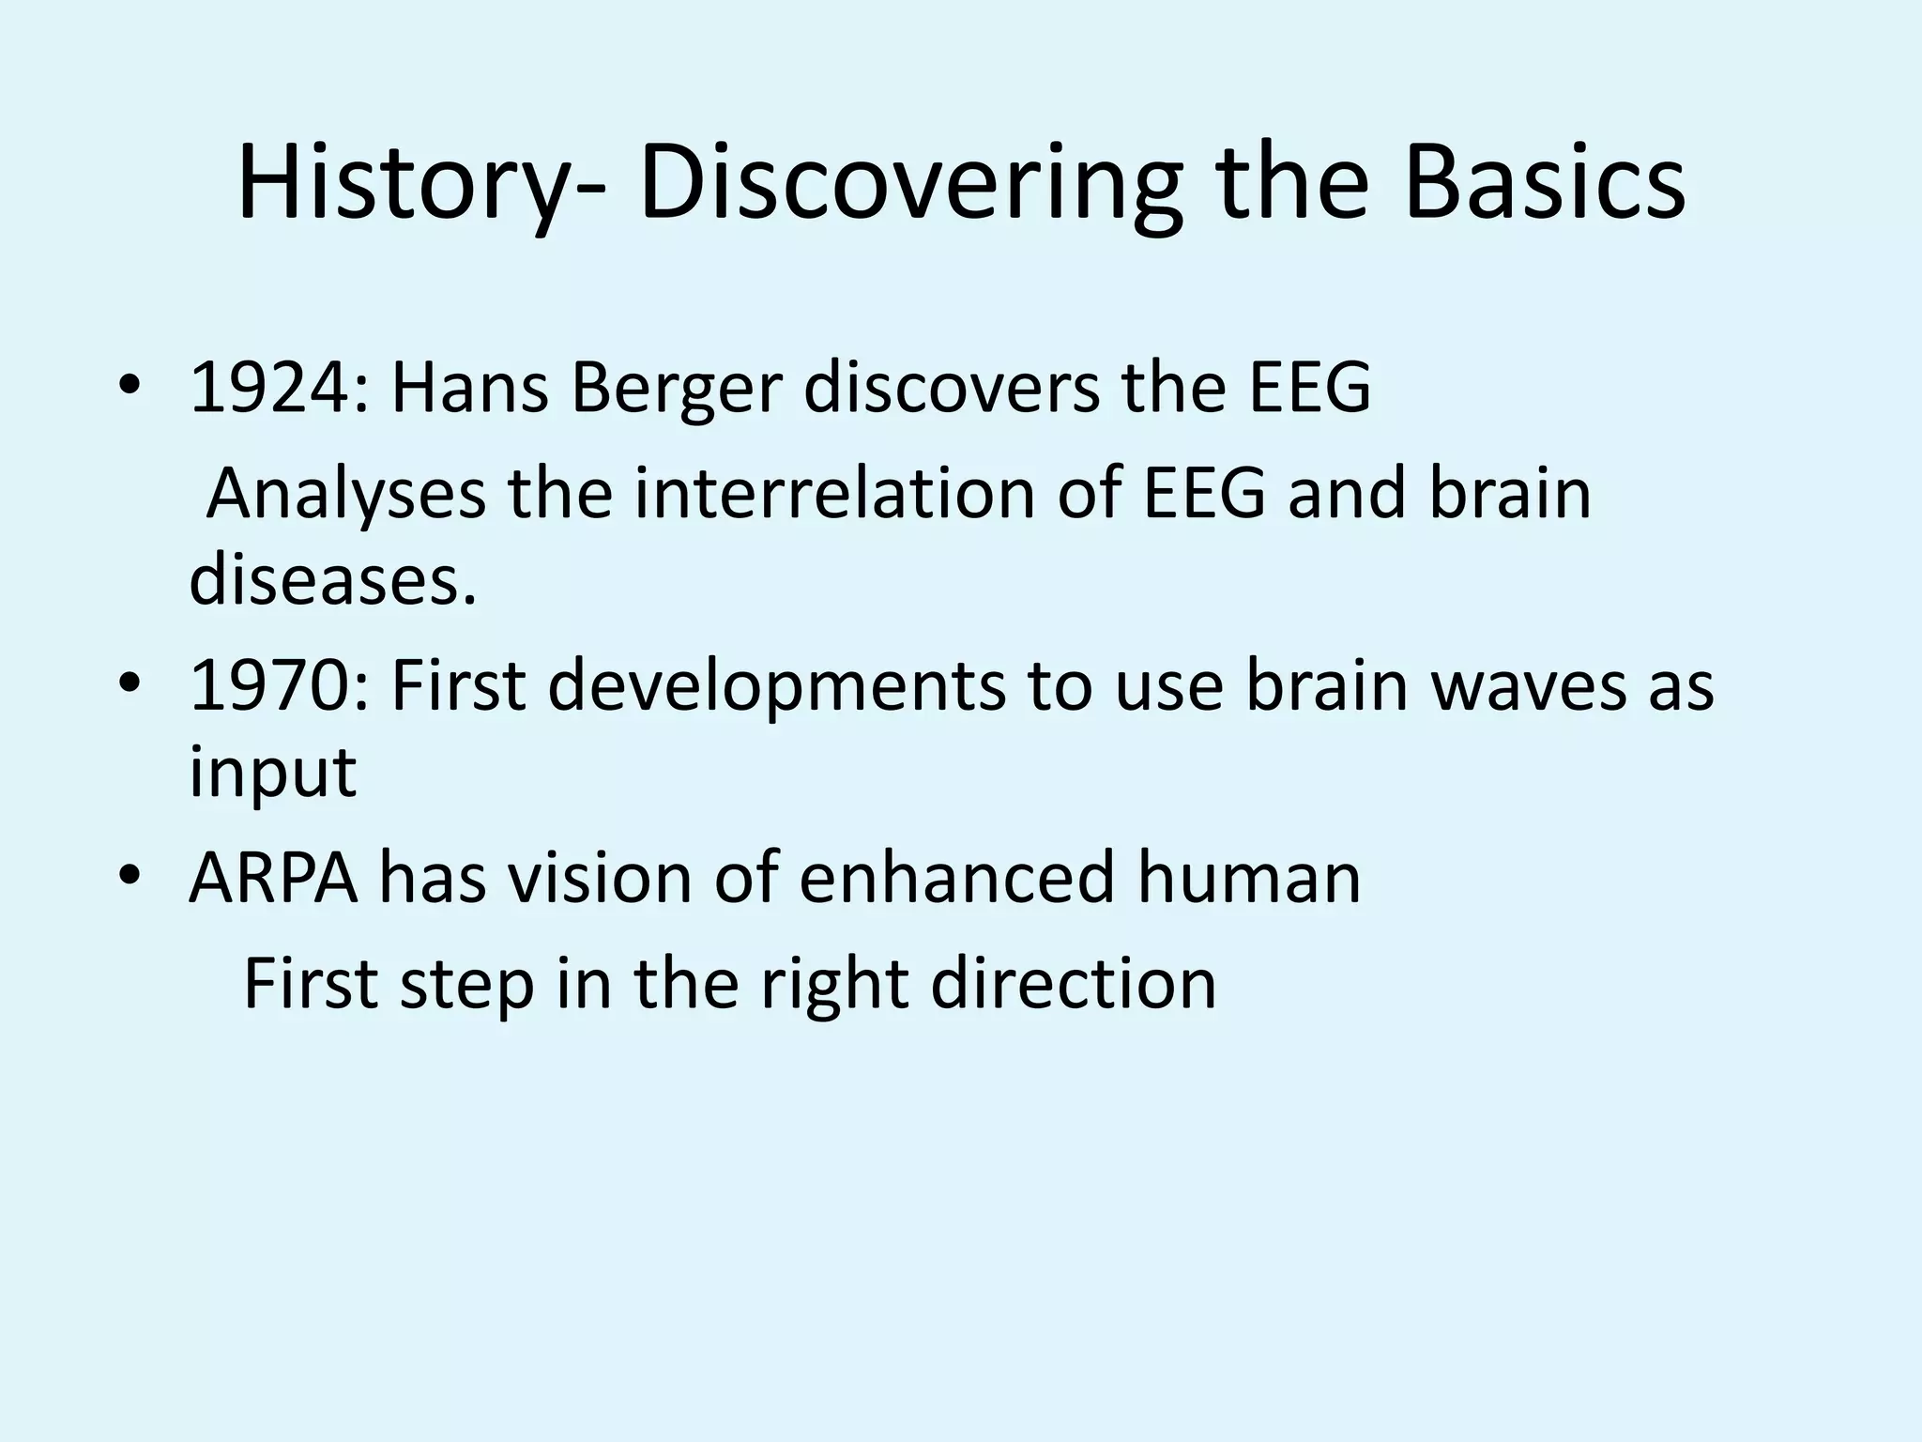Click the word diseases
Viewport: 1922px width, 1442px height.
(x=332, y=579)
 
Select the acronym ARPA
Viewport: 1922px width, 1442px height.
(x=273, y=878)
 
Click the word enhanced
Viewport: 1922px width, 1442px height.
(x=956, y=878)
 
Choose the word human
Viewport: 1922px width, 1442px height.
(x=1248, y=878)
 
